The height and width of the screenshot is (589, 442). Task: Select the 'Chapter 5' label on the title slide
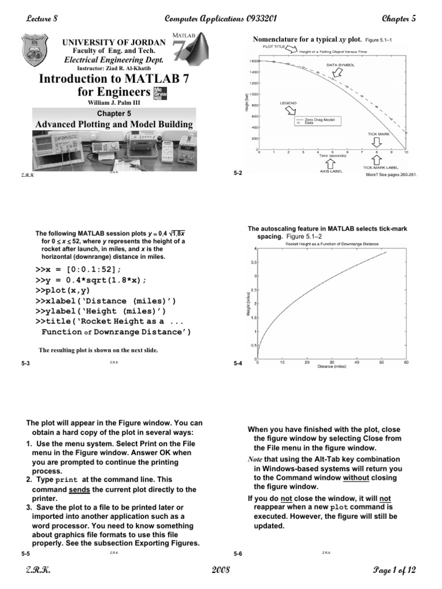(113, 113)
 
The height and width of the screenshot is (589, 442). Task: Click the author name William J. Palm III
(113, 103)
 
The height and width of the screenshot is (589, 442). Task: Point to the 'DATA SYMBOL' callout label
(341, 65)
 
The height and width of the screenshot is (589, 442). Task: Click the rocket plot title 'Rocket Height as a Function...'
(332, 243)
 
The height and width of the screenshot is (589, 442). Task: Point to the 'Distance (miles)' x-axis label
(331, 366)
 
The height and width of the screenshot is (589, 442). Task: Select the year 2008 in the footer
(220, 570)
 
